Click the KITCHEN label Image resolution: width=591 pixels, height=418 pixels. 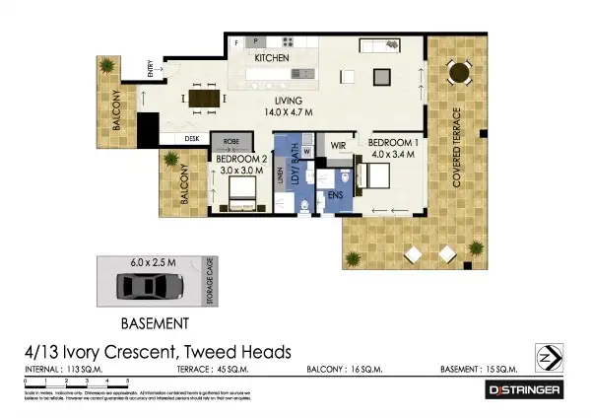(271, 60)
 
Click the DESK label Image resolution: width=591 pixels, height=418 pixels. (192, 138)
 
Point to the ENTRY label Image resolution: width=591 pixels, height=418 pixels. (151, 69)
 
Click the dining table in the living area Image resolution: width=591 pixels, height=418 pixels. (206, 98)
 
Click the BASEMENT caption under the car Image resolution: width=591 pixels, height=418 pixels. (154, 322)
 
